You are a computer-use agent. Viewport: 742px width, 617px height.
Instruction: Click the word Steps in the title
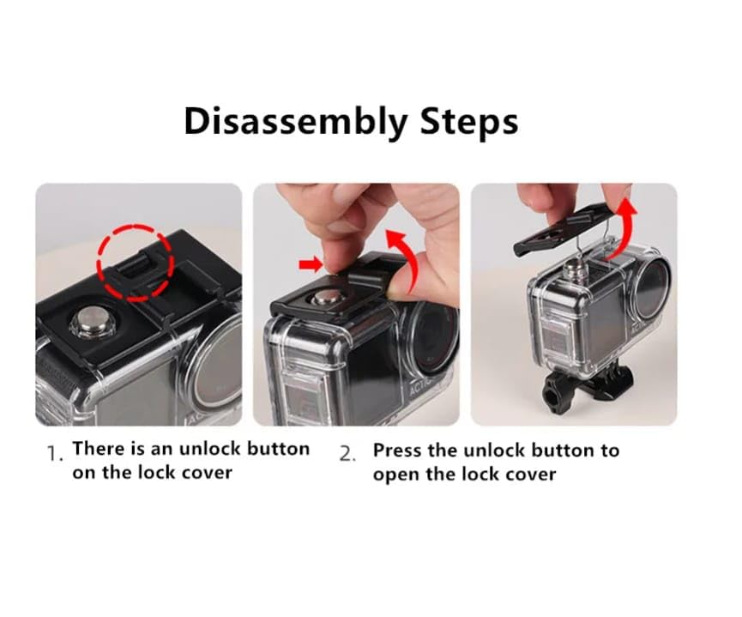[x=468, y=123]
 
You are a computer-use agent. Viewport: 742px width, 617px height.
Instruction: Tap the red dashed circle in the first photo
[x=136, y=262]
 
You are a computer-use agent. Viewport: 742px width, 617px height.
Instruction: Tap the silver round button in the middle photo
[x=325, y=299]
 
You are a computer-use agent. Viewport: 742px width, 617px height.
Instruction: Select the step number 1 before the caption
[x=54, y=454]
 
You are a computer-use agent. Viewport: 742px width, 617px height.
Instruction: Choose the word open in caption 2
[x=395, y=475]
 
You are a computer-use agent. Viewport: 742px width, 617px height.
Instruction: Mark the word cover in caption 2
[x=530, y=475]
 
